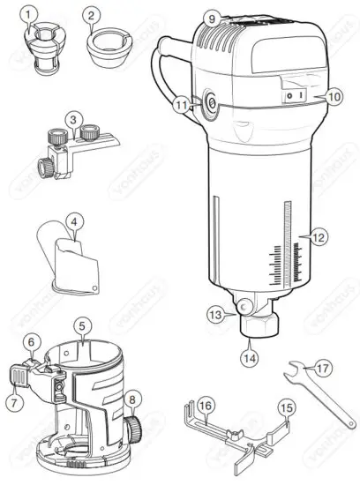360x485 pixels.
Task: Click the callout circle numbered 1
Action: (32, 15)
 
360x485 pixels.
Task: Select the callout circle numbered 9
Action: (210, 18)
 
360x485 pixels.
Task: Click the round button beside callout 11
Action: (211, 105)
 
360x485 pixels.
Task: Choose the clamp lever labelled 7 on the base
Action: (19, 378)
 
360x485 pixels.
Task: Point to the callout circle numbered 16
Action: (205, 406)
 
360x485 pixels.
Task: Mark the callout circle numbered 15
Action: (286, 407)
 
